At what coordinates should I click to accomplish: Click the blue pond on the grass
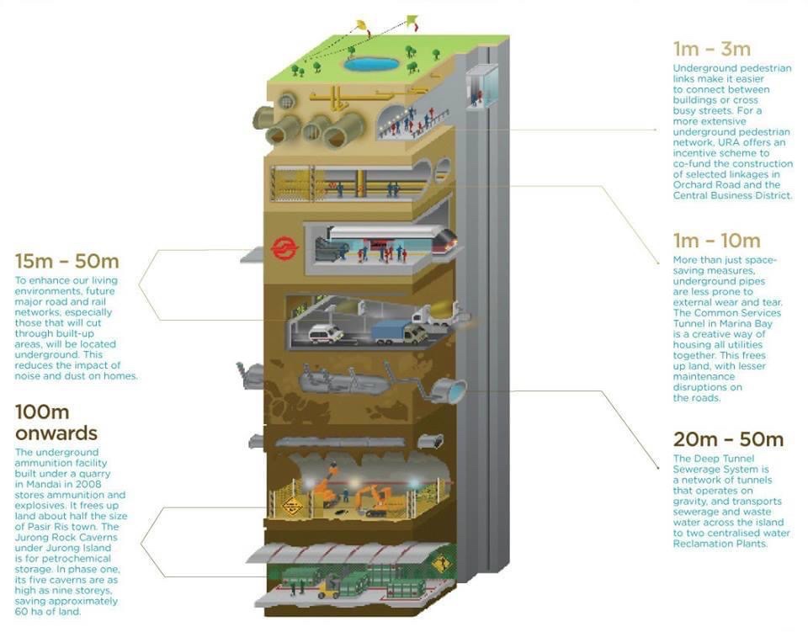pos(370,63)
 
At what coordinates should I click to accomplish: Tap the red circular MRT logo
pos(280,248)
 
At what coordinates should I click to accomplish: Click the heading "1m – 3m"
pos(711,48)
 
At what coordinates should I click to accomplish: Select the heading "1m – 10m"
pos(716,242)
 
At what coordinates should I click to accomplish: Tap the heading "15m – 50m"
pos(66,261)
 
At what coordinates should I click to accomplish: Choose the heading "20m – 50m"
pos(728,439)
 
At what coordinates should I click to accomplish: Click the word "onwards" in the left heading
pos(56,433)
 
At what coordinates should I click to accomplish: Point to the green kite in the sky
pos(412,19)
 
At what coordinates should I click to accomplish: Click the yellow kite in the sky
pos(360,25)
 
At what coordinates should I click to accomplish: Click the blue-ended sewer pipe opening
pos(452,391)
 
